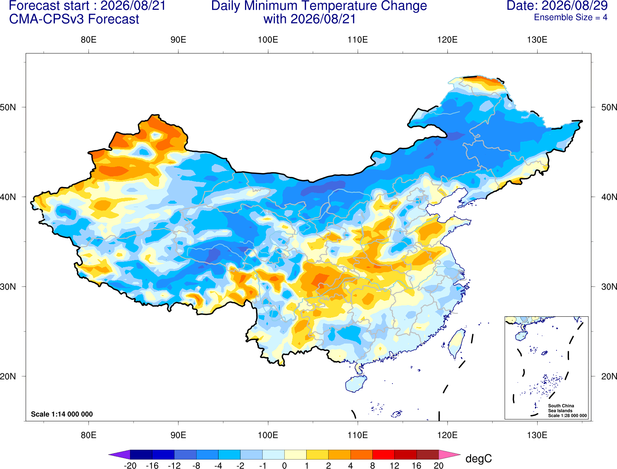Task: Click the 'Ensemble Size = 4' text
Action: tap(570, 17)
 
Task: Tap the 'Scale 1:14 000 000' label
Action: tap(62, 414)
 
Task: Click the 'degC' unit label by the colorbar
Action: tap(478, 458)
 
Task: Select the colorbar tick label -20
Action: tap(130, 466)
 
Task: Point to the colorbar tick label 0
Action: tap(284, 466)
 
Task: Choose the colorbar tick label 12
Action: tap(394, 466)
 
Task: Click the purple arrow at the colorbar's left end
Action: tap(120, 454)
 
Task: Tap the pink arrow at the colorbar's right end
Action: tap(450, 454)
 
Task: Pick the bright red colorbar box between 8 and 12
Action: tap(383, 454)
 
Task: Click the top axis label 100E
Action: tap(268, 40)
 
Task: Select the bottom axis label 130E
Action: tap(537, 435)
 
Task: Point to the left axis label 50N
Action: tap(8, 107)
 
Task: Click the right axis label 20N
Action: tap(609, 376)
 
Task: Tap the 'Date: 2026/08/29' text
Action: tap(557, 6)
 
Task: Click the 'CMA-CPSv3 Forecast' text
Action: tap(74, 19)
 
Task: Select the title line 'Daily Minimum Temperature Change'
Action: tap(319, 6)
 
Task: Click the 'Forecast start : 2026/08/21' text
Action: tap(87, 6)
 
